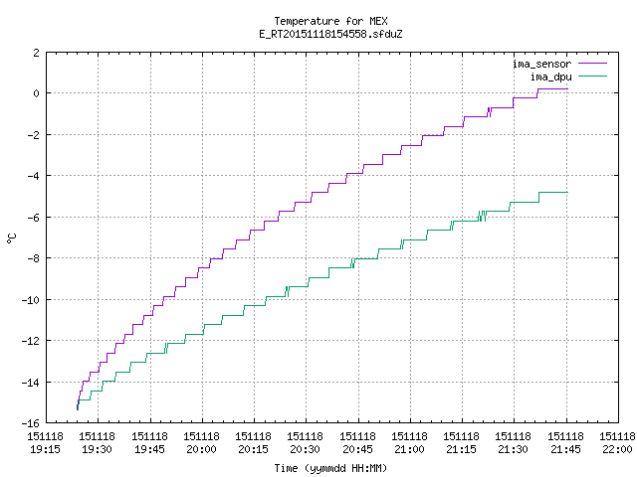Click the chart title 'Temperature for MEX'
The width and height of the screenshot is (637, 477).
(330, 21)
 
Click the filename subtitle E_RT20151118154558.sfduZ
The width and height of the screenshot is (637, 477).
(330, 34)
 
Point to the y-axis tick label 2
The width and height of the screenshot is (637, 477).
(37, 53)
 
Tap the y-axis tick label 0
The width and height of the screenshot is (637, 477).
(37, 93)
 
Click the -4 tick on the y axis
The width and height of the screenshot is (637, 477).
(33, 176)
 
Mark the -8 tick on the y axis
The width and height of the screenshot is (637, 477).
(33, 258)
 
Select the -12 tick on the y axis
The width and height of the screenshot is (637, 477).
(31, 341)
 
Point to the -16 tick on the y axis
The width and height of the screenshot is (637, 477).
(31, 423)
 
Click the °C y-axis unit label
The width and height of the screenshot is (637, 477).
(11, 238)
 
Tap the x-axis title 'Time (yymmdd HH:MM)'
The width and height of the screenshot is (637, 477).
(330, 468)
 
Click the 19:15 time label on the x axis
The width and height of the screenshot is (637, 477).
(45, 449)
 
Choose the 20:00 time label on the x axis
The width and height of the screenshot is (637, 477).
(201, 449)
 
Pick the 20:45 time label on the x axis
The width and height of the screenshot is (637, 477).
(357, 449)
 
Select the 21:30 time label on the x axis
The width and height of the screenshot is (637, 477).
(514, 449)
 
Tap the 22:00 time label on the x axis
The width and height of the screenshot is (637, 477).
(617, 449)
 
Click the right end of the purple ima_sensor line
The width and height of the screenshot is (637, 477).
(567, 88)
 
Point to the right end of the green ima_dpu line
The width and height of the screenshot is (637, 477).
(567, 192)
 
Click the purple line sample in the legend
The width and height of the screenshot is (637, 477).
(592, 64)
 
